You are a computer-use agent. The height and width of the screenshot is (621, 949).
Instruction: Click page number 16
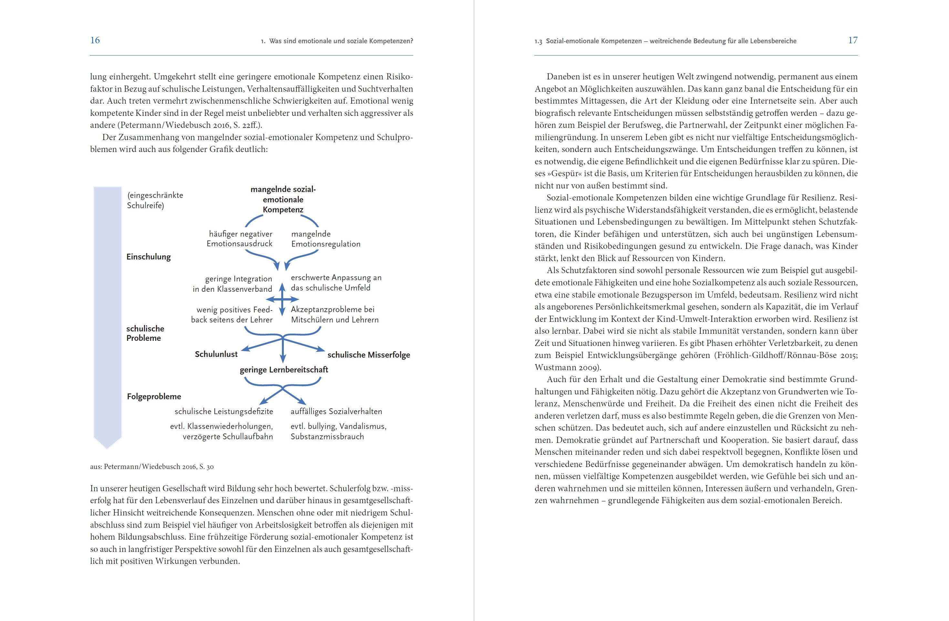click(x=95, y=40)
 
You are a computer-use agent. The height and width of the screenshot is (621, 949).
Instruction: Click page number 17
click(x=852, y=40)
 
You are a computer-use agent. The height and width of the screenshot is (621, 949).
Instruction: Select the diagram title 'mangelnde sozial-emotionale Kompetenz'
click(x=283, y=199)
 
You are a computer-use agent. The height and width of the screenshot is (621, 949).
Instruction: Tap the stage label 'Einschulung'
click(x=148, y=257)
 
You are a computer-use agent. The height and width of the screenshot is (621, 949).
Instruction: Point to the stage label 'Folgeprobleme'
click(x=154, y=396)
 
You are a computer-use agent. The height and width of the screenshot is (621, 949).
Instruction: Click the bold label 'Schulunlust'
click(x=216, y=354)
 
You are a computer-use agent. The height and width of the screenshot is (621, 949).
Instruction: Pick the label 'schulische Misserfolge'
click(x=368, y=355)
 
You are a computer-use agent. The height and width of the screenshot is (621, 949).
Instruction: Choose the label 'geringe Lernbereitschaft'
click(x=284, y=370)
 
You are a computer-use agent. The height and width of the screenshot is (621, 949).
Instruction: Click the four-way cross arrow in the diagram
click(x=282, y=299)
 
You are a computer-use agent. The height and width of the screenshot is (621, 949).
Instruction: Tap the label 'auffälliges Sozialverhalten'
click(x=336, y=411)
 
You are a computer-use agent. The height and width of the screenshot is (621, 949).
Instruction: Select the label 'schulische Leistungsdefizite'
click(x=224, y=411)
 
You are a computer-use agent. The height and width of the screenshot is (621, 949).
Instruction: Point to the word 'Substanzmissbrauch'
click(x=327, y=436)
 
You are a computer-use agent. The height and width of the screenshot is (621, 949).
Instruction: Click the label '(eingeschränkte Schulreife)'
click(x=155, y=200)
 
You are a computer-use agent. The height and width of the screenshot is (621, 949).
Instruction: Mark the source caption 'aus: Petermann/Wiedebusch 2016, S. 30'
click(x=151, y=466)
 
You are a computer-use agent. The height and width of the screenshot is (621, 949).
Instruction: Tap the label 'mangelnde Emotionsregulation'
click(x=325, y=239)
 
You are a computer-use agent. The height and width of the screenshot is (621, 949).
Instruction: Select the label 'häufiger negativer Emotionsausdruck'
click(x=239, y=239)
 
